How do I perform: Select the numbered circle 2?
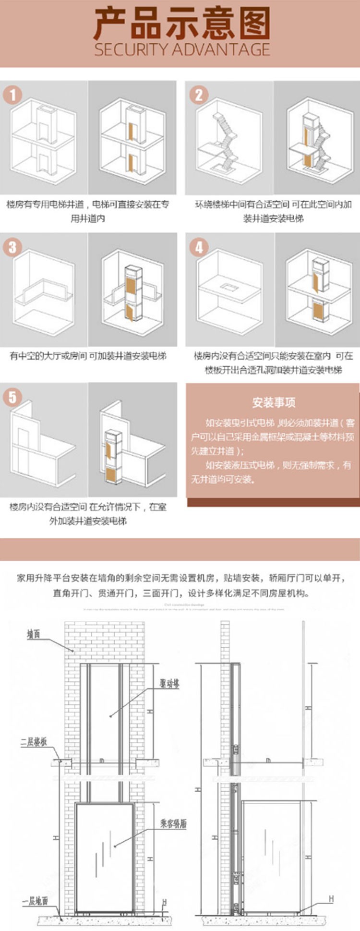[x=198, y=95]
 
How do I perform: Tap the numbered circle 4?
[x=198, y=247]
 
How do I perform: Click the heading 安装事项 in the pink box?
[x=274, y=402]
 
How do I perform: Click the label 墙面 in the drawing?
[x=33, y=635]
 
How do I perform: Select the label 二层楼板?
[x=33, y=742]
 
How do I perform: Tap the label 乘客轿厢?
[x=173, y=824]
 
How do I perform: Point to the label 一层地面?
[x=35, y=901]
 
